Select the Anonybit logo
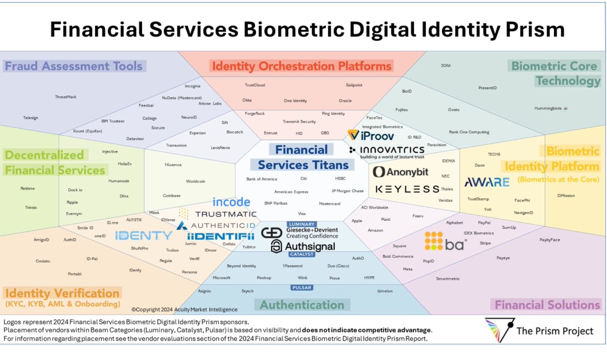[x=401, y=172]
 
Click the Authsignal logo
[x=303, y=247]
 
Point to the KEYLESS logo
[x=407, y=189]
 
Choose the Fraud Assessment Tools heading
[x=73, y=66]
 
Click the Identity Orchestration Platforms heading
[x=301, y=66]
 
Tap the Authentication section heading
[x=302, y=305]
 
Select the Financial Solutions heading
[x=547, y=305]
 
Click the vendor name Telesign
[x=31, y=118]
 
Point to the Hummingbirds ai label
[x=551, y=108]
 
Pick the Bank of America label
[x=262, y=179]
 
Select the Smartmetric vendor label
[x=447, y=278]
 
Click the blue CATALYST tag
[x=302, y=254]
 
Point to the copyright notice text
[x=184, y=309]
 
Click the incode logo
[x=231, y=202]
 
